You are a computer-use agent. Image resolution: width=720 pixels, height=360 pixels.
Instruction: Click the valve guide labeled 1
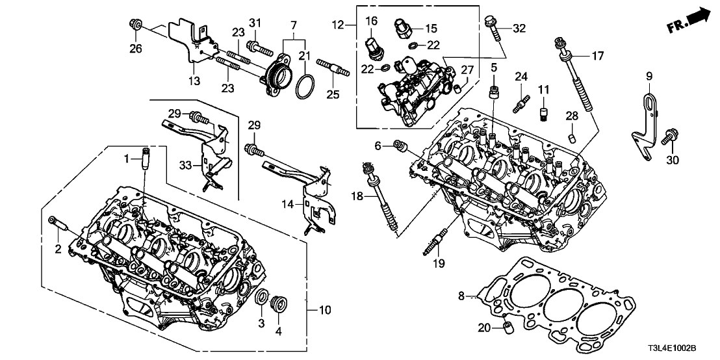click(145, 159)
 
